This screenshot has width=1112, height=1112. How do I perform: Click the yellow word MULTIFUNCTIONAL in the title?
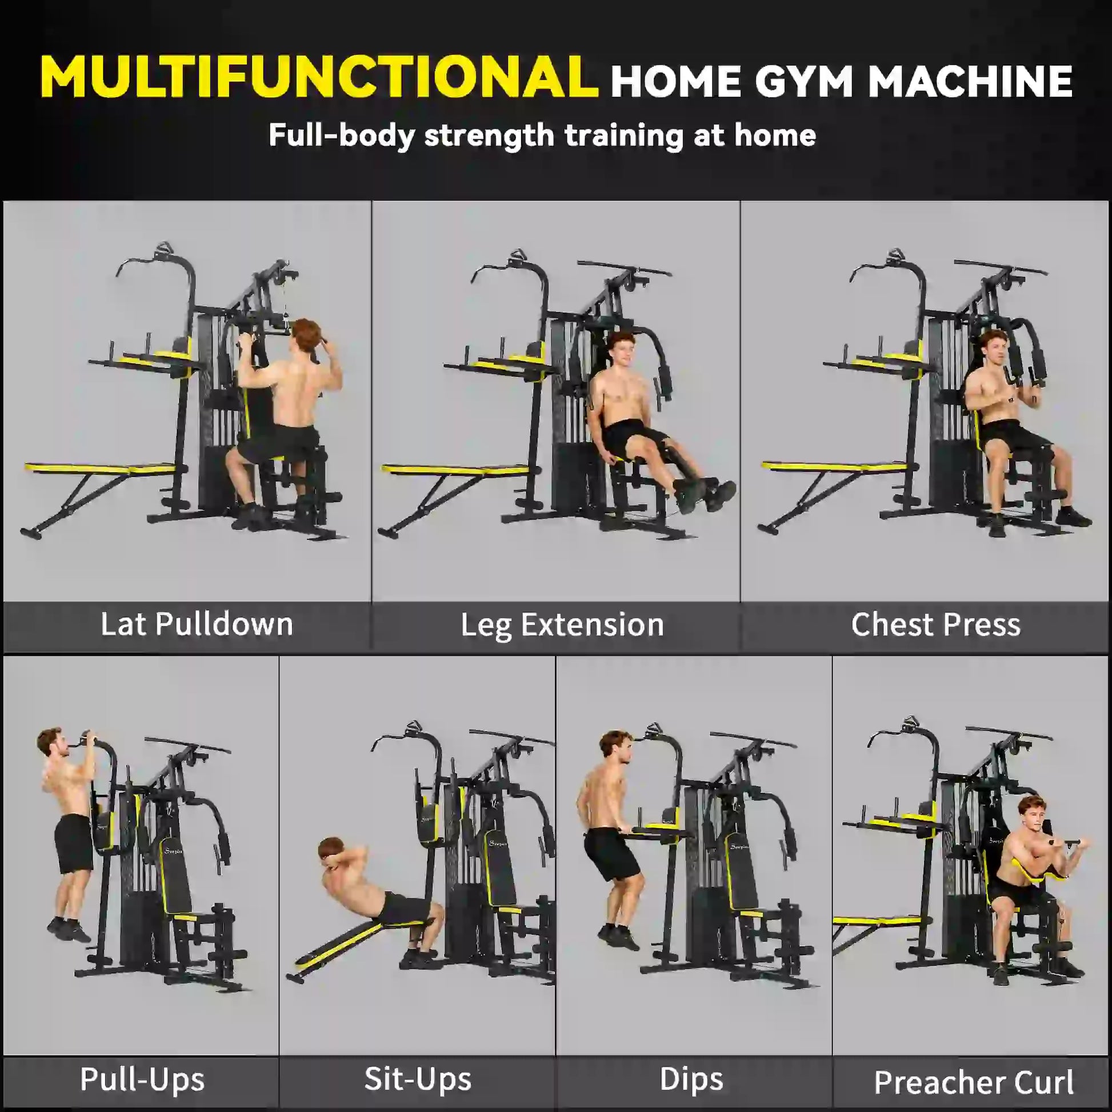coord(319,78)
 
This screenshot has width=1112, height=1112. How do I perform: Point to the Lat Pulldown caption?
coord(197,625)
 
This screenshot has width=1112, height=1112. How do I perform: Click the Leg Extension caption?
coord(562,625)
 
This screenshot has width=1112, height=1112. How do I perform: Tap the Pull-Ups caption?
coord(142,1079)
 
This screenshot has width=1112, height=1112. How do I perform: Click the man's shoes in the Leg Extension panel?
coord(705,494)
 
